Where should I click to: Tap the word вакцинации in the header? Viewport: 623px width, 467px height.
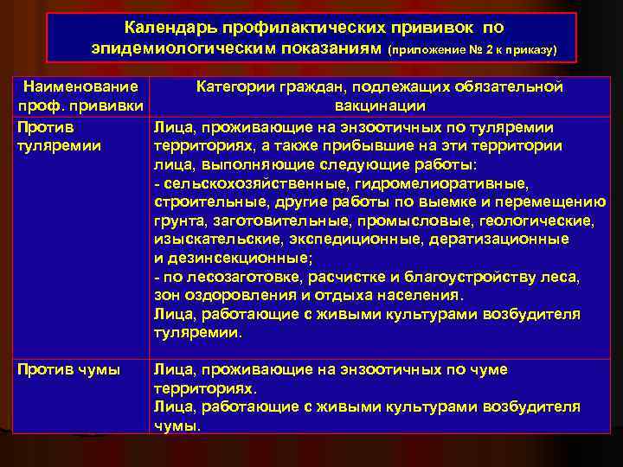(x=380, y=106)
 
